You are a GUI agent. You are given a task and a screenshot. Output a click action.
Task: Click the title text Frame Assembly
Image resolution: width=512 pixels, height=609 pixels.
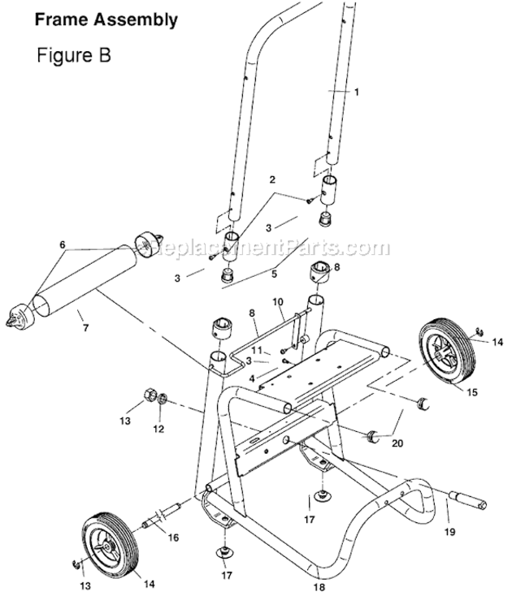click(x=106, y=19)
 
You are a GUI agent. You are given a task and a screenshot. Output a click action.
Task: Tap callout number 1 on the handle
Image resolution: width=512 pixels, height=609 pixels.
click(x=355, y=92)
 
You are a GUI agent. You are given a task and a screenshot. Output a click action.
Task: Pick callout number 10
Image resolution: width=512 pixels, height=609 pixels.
click(x=277, y=302)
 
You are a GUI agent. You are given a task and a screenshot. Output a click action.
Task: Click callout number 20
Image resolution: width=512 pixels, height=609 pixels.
click(x=397, y=443)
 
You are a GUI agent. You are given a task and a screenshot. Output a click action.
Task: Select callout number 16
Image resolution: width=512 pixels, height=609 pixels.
click(x=172, y=537)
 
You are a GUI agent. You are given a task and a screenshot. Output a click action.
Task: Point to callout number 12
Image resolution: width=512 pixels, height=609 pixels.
click(x=159, y=427)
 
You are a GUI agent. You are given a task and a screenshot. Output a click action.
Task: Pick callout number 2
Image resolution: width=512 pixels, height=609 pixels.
click(x=272, y=179)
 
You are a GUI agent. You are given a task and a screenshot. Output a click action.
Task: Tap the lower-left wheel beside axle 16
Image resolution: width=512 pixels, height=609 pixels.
click(x=107, y=542)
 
